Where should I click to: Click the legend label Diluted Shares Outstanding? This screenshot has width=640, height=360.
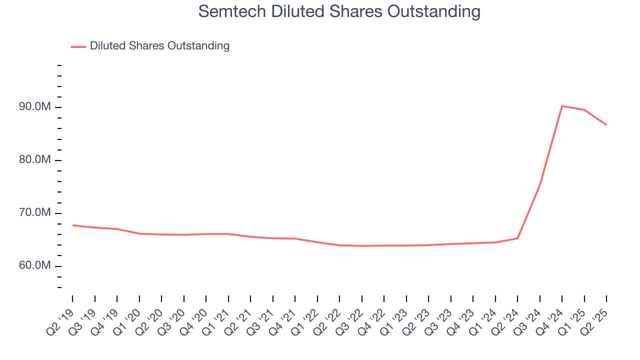(159, 46)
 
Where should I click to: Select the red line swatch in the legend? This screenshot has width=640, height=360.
(78, 46)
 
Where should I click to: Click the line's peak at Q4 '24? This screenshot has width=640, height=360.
(562, 106)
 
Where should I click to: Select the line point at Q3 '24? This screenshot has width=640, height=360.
(540, 185)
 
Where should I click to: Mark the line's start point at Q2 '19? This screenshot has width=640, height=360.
(72, 225)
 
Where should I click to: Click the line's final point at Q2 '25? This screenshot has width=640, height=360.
(606, 124)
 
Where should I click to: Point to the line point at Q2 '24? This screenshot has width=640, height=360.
(517, 238)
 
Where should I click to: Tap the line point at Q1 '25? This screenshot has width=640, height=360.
(584, 110)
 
